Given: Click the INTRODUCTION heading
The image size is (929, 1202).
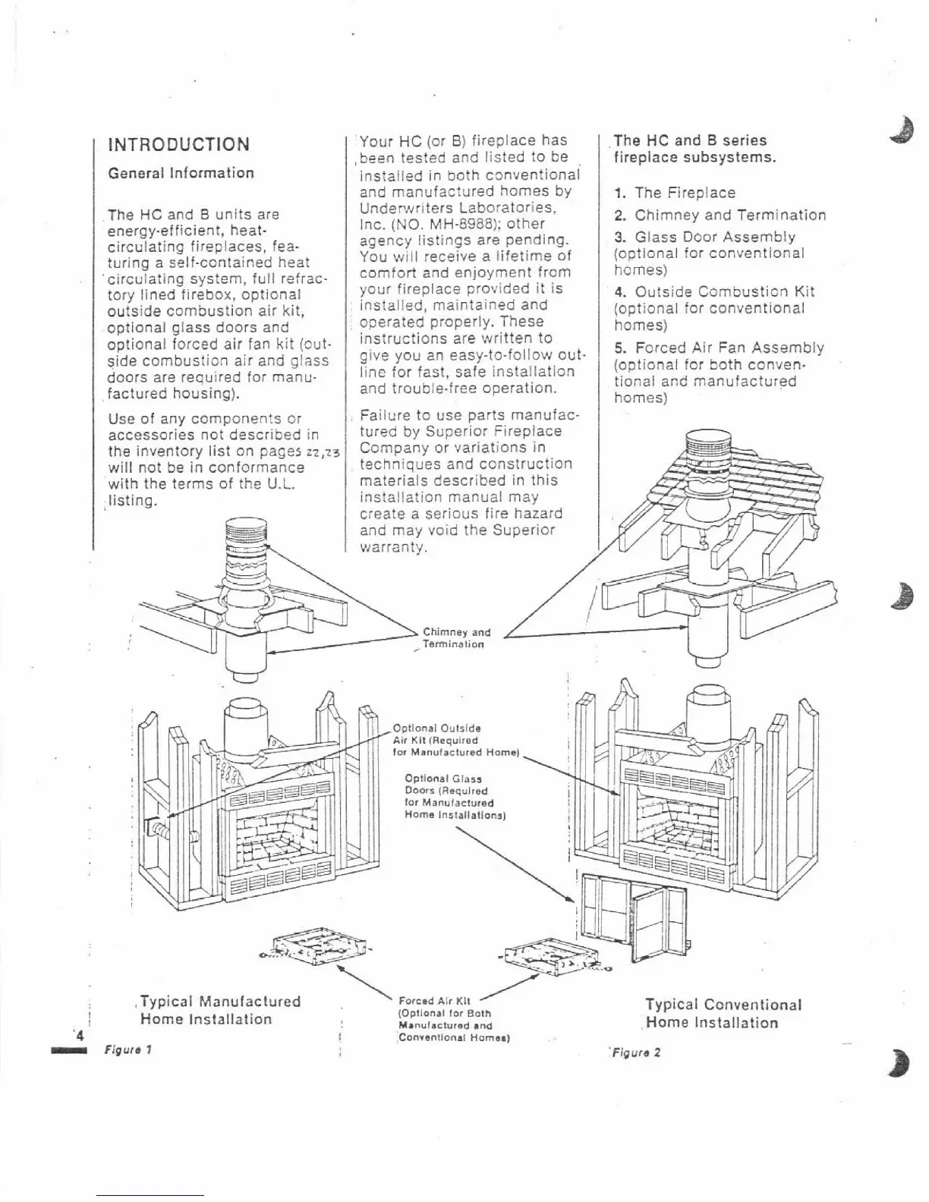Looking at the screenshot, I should pyautogui.click(x=179, y=144).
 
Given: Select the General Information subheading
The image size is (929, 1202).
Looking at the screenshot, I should pyautogui.click(x=181, y=173).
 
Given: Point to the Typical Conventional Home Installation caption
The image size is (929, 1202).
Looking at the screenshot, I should pyautogui.click(x=723, y=1013).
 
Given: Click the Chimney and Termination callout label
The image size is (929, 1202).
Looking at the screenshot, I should pyautogui.click(x=456, y=637).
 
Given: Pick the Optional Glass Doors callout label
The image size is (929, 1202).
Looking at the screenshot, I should pyautogui.click(x=455, y=796).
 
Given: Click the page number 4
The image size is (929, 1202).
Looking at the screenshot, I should pyautogui.click(x=79, y=1035).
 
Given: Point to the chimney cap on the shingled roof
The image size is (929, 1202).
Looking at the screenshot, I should pyautogui.click(x=717, y=448).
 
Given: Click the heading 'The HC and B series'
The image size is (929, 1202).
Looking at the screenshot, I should pyautogui.click(x=690, y=140).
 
